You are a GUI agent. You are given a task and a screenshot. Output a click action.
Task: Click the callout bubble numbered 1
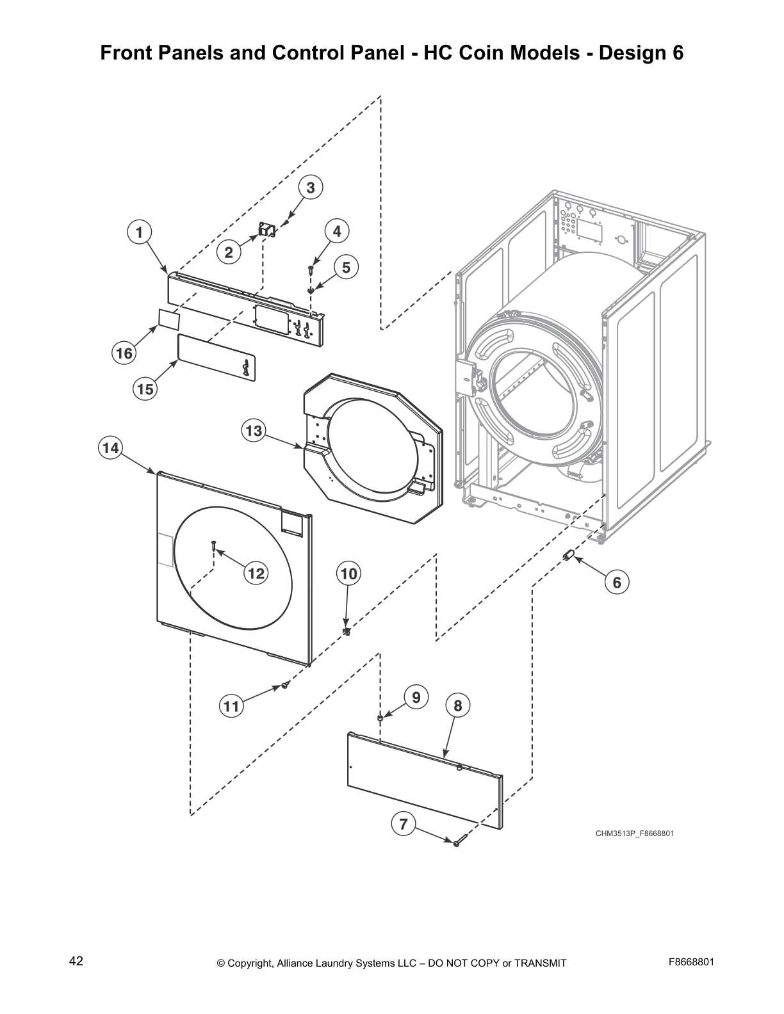pos(139,232)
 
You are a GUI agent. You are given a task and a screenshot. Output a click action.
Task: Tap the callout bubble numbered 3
pos(311,188)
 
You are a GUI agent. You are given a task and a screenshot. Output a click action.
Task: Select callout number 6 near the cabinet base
pos(617,582)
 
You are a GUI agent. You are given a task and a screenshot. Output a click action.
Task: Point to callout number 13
pos(254,431)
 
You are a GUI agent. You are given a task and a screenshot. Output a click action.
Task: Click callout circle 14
pos(111,448)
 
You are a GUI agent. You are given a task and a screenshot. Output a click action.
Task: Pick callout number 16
pos(124,353)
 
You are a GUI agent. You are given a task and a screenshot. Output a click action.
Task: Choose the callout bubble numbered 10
pos(348,574)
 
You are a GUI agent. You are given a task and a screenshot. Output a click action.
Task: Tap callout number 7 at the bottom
pos(403,825)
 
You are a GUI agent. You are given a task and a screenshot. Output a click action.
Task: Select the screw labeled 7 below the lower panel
pos(457,843)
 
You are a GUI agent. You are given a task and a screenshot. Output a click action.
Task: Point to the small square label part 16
pos(168,319)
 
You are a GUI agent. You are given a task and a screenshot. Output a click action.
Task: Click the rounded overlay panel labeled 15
pos(216,358)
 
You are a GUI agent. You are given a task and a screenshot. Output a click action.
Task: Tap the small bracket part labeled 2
pos(265,230)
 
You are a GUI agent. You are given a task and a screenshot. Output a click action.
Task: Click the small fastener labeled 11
pos(285,686)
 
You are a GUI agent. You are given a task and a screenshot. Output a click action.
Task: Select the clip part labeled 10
pos(347,632)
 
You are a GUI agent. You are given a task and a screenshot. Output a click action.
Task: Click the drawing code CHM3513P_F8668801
pos(634,833)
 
